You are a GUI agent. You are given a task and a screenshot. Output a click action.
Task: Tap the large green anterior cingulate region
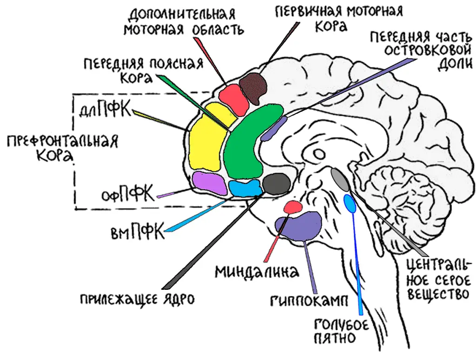[246, 144]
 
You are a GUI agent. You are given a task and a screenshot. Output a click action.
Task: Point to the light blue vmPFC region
[245, 188]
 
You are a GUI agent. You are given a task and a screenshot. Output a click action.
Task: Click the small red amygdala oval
[293, 206]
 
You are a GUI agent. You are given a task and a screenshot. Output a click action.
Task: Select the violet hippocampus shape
[300, 225]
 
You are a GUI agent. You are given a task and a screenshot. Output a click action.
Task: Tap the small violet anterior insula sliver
[274, 129]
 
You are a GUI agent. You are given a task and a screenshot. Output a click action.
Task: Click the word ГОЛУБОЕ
[341, 324]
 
